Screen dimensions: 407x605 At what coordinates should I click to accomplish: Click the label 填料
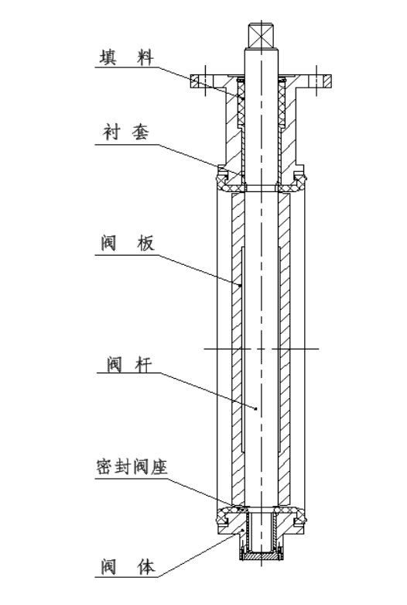(127, 57)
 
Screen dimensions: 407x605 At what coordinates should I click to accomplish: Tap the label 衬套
(126, 132)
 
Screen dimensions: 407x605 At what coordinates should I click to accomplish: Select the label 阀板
(128, 243)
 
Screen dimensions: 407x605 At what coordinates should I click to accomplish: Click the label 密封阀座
(132, 467)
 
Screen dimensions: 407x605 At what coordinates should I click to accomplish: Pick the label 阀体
(128, 566)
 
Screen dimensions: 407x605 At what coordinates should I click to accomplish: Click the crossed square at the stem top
(261, 36)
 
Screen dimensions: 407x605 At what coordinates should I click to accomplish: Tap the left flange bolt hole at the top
(206, 81)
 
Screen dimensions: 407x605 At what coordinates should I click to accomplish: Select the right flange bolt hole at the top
(316, 81)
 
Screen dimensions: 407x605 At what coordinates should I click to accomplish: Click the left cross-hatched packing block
(241, 104)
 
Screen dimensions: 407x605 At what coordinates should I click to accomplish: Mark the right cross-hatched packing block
(282, 104)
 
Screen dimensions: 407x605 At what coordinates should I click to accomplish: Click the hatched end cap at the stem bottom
(262, 556)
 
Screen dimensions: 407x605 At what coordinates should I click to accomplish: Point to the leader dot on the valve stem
(256, 408)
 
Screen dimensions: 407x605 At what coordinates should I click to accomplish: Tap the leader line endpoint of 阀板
(241, 285)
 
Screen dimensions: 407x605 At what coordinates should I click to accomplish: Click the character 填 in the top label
(108, 57)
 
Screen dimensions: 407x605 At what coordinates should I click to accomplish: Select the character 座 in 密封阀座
(159, 467)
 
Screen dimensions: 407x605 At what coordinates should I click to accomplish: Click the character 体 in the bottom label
(146, 566)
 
